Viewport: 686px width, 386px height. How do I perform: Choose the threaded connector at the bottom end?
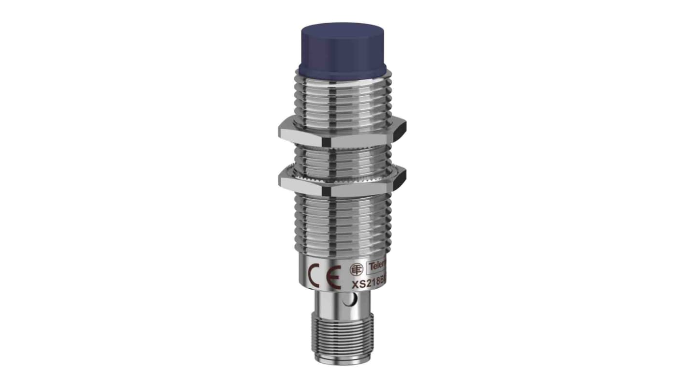(343, 346)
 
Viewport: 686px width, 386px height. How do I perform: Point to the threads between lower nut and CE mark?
(342, 223)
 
